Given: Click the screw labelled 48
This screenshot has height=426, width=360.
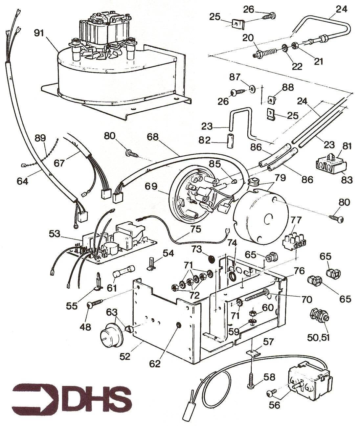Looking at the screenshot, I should (95, 303).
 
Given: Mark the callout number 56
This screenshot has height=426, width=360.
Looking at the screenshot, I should (275, 405).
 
